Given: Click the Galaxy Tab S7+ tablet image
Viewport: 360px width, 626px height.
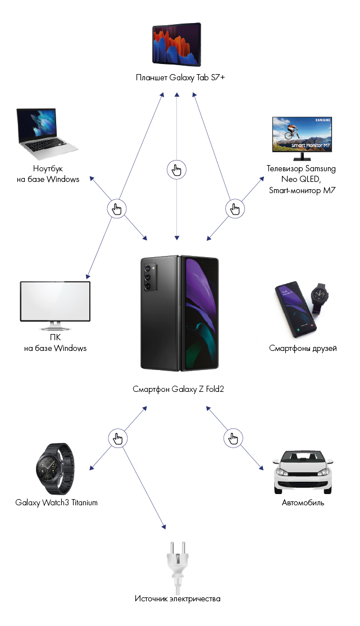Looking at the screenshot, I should click(x=176, y=45).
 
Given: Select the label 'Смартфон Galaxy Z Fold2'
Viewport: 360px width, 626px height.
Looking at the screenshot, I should click(x=178, y=389).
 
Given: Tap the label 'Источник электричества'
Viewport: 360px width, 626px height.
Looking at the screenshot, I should click(x=177, y=598).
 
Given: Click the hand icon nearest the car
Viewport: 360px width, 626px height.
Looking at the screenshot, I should click(x=232, y=438).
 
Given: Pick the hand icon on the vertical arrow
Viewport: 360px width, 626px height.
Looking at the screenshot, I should click(x=177, y=169).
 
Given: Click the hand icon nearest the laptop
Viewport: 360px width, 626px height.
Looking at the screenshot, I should click(x=117, y=209).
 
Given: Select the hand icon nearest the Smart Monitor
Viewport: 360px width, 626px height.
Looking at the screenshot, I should click(x=235, y=209).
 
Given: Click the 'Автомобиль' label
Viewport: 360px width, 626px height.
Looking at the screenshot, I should click(x=303, y=502).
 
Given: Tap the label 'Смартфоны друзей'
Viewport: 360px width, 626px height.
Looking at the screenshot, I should click(x=303, y=349).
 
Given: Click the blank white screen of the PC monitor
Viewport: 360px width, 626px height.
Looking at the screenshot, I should click(x=54, y=301).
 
